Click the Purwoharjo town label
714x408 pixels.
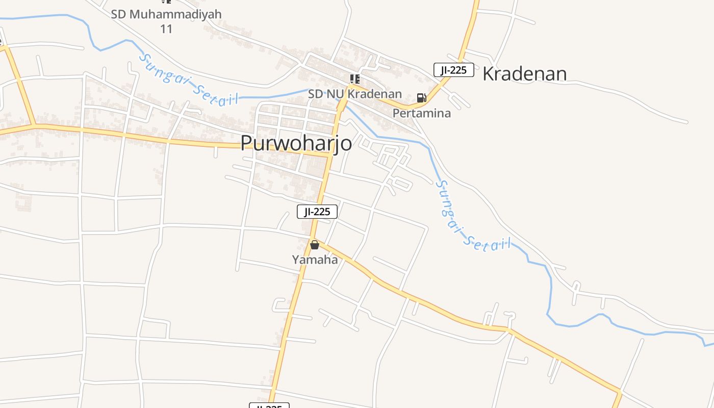tap(296, 143)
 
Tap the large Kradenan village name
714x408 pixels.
tap(524, 74)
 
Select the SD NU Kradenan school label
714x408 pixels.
tap(355, 94)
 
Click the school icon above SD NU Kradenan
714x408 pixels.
tap(354, 79)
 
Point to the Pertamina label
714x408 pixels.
tap(422, 113)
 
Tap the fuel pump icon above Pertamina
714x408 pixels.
tap(422, 98)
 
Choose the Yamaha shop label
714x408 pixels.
tap(315, 260)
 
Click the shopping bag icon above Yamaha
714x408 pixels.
tap(315, 245)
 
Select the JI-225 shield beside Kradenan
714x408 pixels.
tap(454, 70)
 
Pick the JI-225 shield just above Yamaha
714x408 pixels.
tap(317, 212)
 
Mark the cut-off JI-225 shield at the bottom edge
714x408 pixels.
tap(269, 406)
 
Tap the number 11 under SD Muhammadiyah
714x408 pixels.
tap(166, 29)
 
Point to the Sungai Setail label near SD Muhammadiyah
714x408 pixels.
tap(189, 81)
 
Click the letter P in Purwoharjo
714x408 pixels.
tap(247, 143)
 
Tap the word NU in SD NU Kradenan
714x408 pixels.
tap(337, 94)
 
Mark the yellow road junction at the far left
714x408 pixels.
tap(34, 124)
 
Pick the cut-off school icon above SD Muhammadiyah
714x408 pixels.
tap(166, 2)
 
